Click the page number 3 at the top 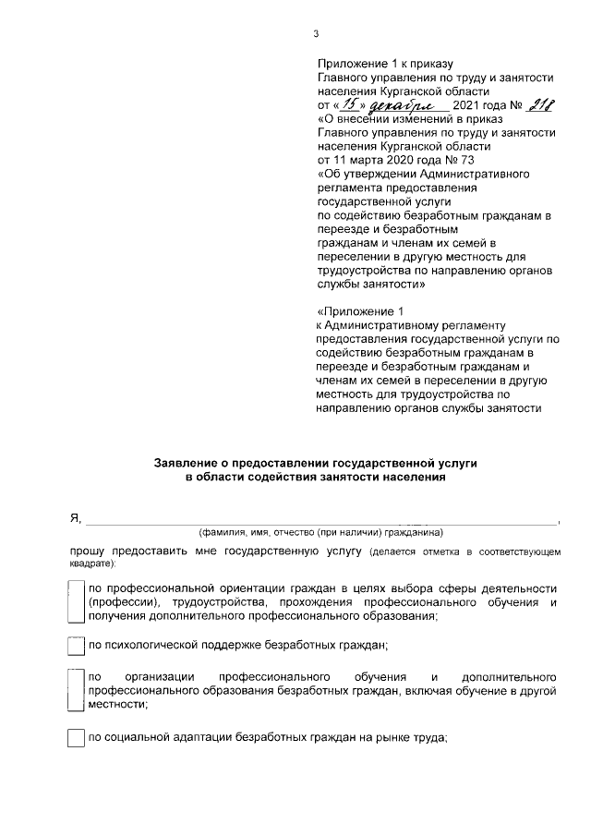316,36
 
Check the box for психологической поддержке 77,644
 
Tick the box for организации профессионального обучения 77,689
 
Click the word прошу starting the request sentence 90,551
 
